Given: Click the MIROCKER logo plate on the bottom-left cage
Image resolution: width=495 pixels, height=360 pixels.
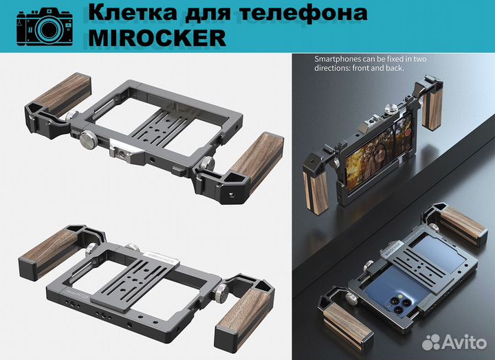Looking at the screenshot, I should point(160,256).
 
